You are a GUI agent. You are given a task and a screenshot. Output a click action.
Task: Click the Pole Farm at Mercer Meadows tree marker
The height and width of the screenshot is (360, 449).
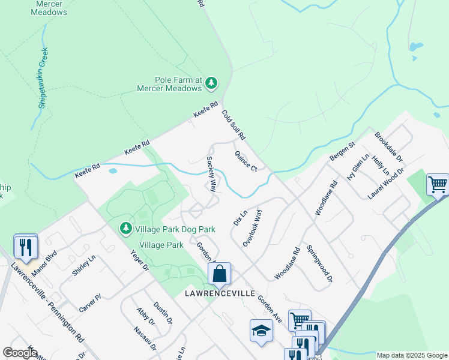click(x=211, y=83)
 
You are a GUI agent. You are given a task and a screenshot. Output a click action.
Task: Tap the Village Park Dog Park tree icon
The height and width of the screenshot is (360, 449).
click(x=125, y=229)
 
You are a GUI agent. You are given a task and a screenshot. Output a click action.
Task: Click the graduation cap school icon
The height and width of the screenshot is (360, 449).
click(x=261, y=331)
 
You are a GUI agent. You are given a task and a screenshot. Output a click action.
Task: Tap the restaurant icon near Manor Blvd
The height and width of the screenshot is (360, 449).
click(x=26, y=246)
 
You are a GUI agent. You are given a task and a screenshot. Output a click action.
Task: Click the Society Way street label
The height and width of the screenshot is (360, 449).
click(x=211, y=174)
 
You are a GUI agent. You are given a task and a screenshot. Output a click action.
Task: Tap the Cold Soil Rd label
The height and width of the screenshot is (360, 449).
click(x=234, y=125)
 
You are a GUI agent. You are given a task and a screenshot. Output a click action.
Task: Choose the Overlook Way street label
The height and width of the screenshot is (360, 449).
click(x=253, y=227)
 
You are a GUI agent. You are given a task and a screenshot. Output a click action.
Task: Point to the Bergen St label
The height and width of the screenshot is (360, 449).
click(x=343, y=151)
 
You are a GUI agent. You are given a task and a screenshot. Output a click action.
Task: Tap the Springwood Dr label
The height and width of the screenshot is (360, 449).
click(x=319, y=263)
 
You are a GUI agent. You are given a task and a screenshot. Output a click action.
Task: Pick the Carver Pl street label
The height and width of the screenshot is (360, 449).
click(x=90, y=303)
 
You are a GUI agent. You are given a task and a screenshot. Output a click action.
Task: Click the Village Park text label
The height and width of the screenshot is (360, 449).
click(x=161, y=245)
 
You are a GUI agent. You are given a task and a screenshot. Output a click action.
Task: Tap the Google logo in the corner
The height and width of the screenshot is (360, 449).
click(x=20, y=353)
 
